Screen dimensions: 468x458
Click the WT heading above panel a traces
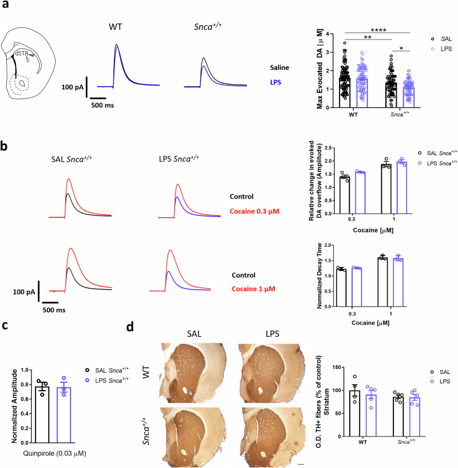(116, 26)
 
